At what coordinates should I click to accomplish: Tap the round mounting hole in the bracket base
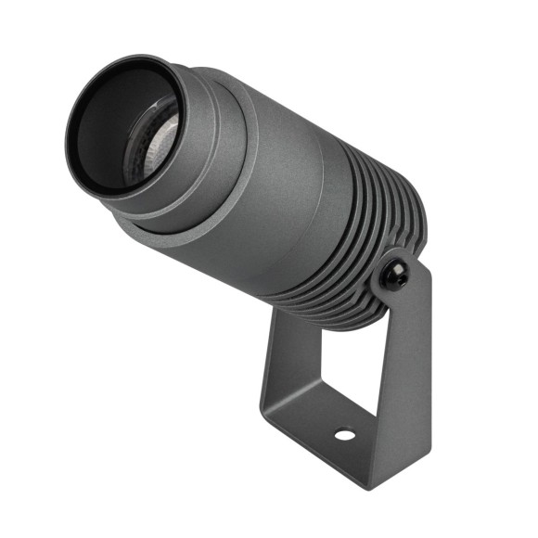[343, 434]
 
